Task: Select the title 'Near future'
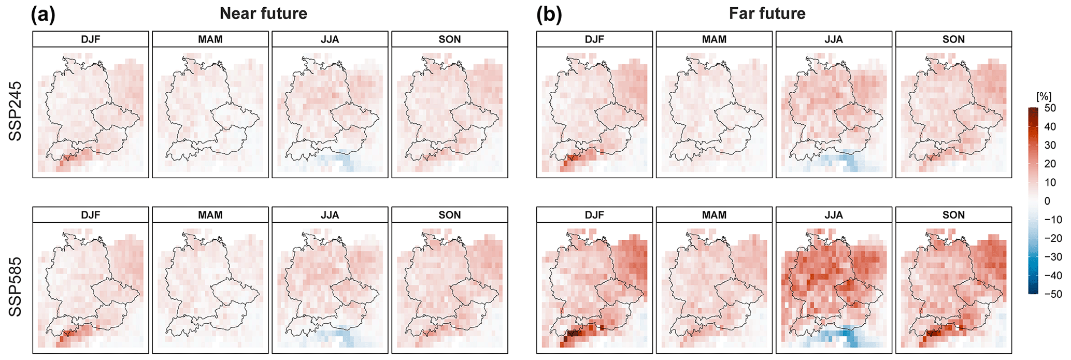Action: tap(263, 13)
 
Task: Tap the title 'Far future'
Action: tap(767, 13)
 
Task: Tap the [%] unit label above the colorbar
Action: tap(1043, 96)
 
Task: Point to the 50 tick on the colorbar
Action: tap(1050, 108)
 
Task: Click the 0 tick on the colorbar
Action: tap(1047, 201)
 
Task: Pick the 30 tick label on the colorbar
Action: tap(1050, 146)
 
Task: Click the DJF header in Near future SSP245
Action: tap(91, 39)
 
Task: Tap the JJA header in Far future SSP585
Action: tap(834, 215)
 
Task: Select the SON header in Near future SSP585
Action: tap(449, 215)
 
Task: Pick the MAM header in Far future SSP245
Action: tap(714, 39)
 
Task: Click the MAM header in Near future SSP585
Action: tap(210, 215)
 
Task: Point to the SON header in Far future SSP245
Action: tap(953, 39)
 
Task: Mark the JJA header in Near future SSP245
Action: tap(330, 39)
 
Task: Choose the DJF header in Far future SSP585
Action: tap(594, 215)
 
